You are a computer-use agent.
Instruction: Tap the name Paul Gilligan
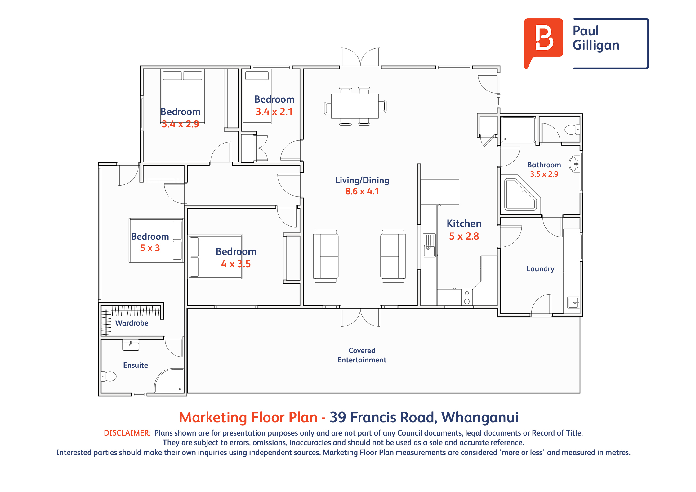tap(596, 38)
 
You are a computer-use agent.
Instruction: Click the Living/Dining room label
tap(362, 180)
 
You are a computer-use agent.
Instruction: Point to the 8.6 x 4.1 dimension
tap(362, 191)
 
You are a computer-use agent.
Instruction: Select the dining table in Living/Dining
tap(355, 106)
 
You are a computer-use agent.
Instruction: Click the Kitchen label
tap(464, 224)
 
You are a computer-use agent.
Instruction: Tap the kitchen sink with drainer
tap(430, 245)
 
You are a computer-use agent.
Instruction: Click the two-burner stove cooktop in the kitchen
tap(467, 297)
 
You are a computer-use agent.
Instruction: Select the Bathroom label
tap(544, 165)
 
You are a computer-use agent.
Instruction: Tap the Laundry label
tap(540, 269)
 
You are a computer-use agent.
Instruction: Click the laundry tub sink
tap(573, 302)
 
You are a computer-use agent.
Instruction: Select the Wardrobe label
tap(132, 323)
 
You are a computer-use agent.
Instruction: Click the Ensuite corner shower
tap(169, 381)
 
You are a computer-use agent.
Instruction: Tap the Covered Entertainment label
tap(362, 355)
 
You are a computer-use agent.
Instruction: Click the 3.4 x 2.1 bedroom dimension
tap(274, 112)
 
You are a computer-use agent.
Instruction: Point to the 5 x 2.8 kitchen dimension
tap(464, 236)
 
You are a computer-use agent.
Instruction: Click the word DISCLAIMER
tap(127, 433)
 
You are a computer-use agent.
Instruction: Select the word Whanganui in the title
tap(480, 417)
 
